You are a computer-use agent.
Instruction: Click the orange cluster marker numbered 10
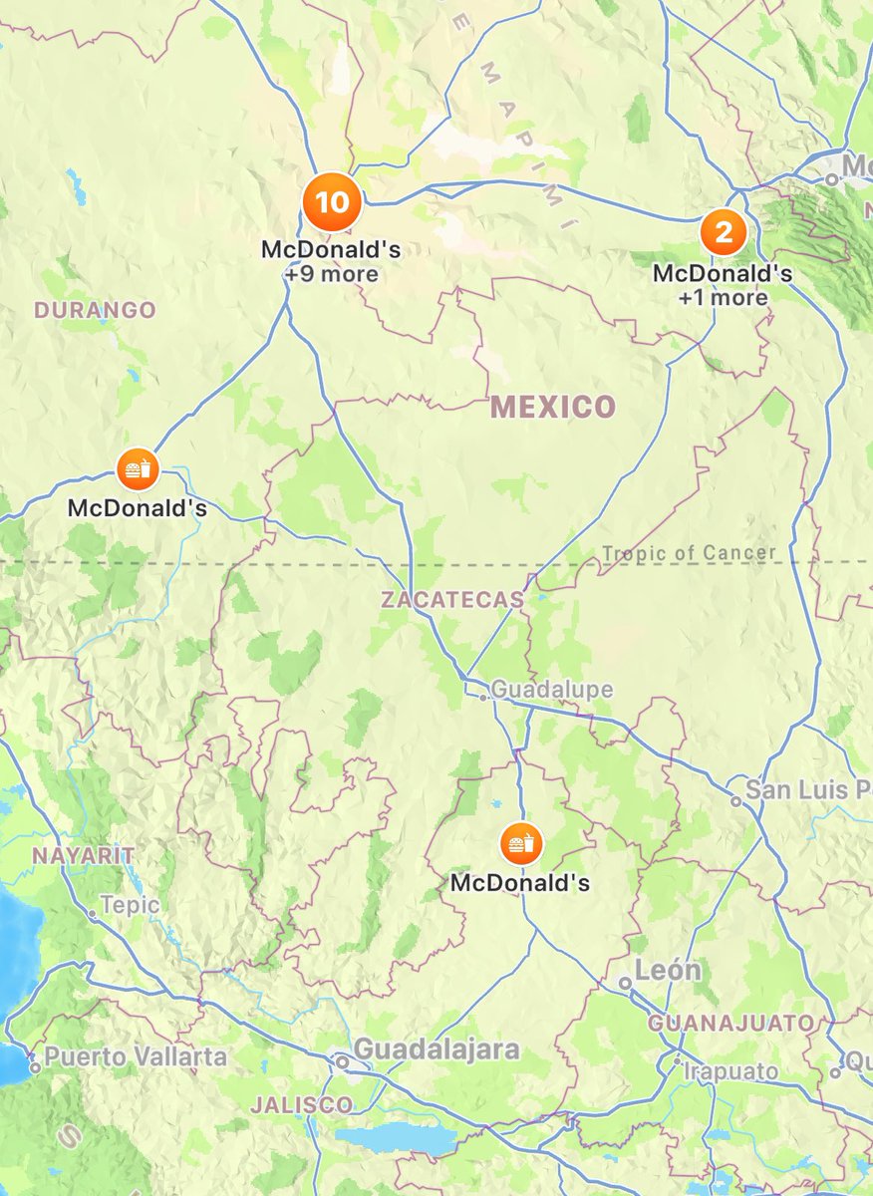(x=332, y=203)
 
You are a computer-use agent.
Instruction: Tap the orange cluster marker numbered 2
(x=724, y=233)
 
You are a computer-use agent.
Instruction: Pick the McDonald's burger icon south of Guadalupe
(x=518, y=844)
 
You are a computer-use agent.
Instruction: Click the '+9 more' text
(x=331, y=273)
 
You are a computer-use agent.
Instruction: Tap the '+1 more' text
(x=723, y=297)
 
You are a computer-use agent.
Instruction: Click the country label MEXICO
(x=553, y=407)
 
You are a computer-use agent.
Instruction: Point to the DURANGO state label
(x=95, y=310)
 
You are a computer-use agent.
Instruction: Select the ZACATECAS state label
(x=451, y=600)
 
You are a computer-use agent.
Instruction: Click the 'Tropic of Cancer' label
(x=689, y=553)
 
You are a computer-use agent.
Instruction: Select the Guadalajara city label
(x=436, y=1049)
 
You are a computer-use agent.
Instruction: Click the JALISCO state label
(x=301, y=1104)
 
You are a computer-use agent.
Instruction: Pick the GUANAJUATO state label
(x=730, y=1023)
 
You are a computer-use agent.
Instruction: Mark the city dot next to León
(x=624, y=983)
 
